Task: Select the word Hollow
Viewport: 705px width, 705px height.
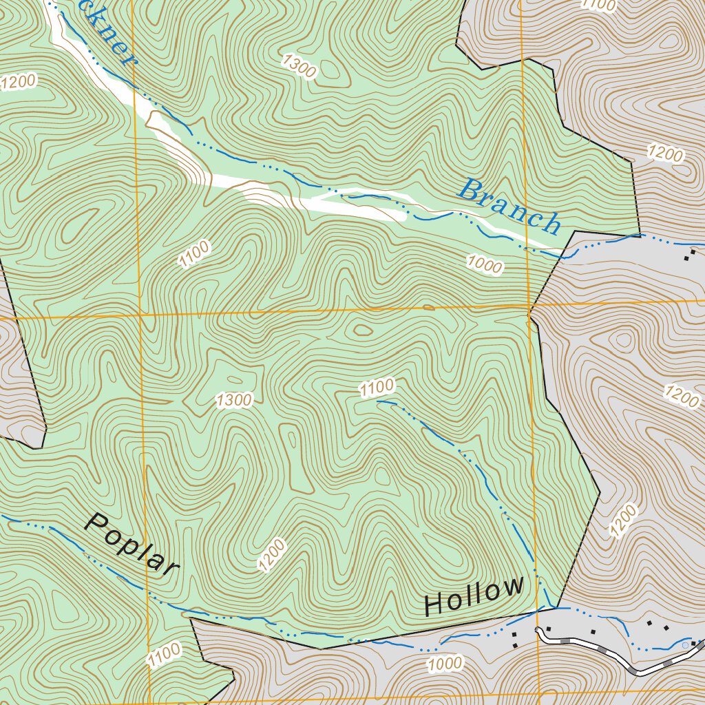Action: (474, 597)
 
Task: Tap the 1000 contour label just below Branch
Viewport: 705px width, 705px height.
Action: (485, 263)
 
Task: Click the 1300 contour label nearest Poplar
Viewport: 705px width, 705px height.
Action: (234, 400)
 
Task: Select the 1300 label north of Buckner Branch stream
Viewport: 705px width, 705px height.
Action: (299, 67)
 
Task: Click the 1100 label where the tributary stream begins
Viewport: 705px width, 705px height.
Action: (377, 388)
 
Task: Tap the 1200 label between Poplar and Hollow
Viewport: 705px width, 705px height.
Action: (273, 555)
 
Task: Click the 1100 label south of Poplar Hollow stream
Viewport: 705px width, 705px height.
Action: (164, 653)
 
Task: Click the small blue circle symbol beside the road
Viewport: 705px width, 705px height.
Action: (684, 645)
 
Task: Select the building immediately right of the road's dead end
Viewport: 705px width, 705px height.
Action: (548, 629)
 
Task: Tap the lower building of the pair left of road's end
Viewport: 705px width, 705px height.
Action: (514, 645)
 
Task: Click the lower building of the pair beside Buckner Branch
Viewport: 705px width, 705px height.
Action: (686, 259)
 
